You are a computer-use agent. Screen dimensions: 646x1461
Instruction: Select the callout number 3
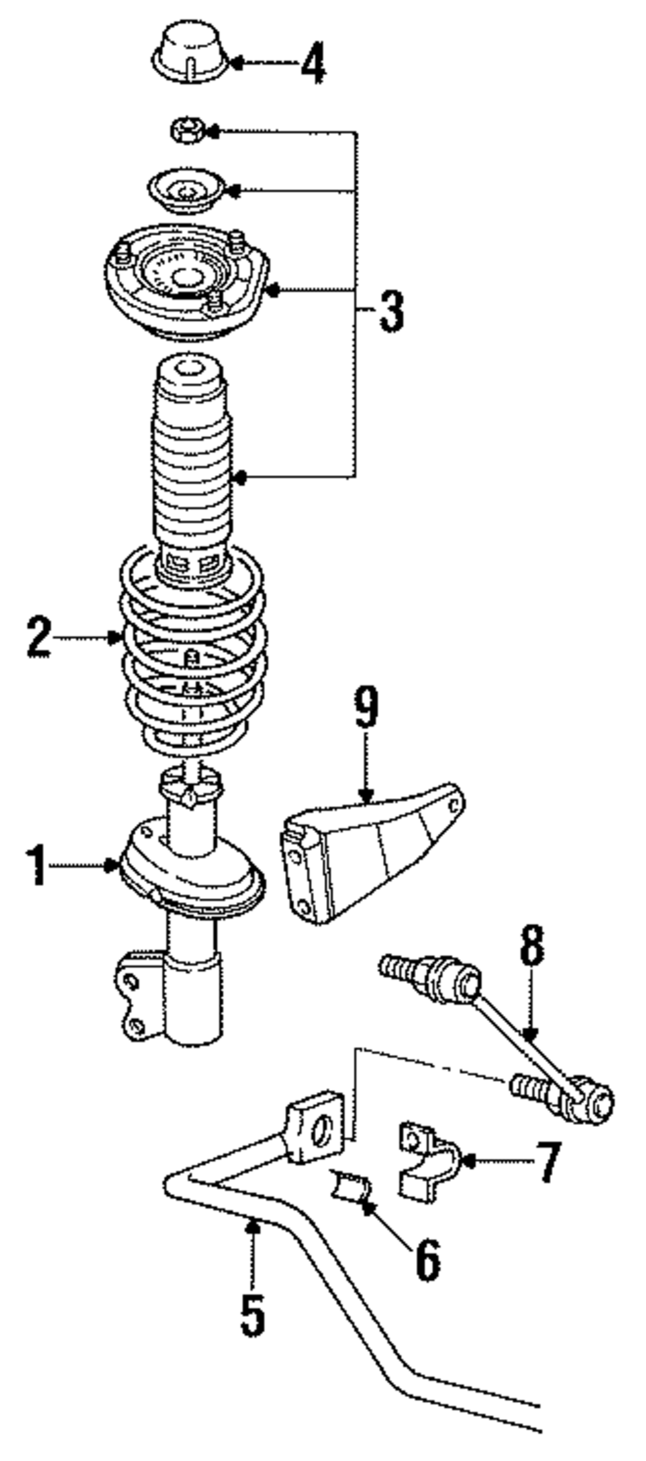[390, 311]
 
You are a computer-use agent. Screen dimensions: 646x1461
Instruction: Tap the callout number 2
[39, 637]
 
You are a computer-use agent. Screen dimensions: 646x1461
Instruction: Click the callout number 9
[366, 709]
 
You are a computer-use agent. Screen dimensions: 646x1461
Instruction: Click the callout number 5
[253, 1313]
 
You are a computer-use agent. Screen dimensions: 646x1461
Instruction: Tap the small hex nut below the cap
[187, 131]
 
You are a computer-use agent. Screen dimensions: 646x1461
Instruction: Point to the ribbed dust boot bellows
[191, 465]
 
